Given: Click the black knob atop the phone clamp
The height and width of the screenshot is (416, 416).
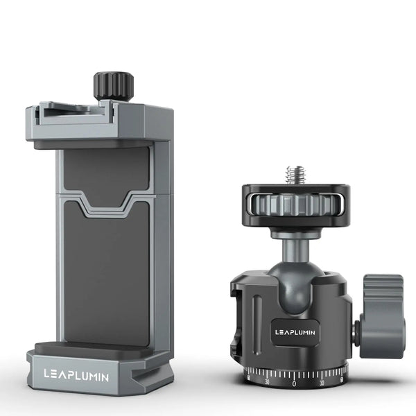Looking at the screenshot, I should point(113,86).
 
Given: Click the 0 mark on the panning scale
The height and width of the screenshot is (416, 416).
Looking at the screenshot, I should point(294,383).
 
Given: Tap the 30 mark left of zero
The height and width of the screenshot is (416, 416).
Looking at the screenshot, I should point(267,381).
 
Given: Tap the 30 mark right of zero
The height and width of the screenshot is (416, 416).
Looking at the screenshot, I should point(321,381).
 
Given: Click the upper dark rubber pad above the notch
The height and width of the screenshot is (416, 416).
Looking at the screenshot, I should point(105,173).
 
